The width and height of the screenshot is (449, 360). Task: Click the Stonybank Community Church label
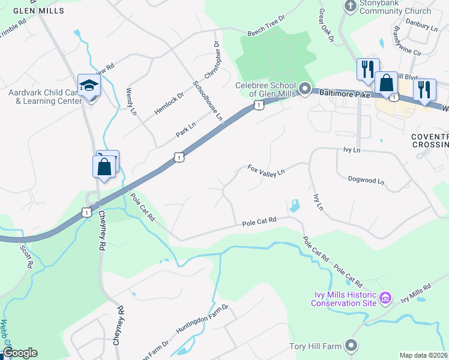click(396, 7)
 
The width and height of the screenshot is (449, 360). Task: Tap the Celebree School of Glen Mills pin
click(304, 91)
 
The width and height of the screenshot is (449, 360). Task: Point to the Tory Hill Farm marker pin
click(351, 346)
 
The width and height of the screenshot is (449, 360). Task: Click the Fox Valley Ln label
click(266, 171)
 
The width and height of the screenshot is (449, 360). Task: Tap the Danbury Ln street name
click(422, 27)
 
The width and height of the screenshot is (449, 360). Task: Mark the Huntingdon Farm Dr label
click(202, 319)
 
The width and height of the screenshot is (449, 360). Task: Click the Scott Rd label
click(25, 256)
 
